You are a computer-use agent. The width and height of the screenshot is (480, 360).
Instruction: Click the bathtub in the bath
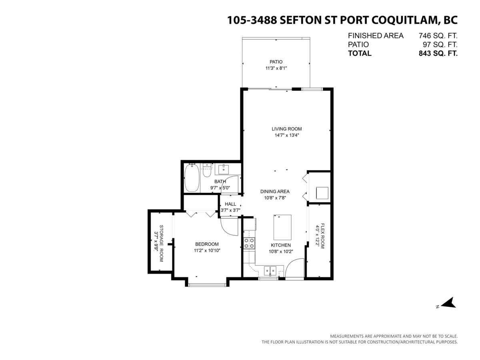[x=192, y=178]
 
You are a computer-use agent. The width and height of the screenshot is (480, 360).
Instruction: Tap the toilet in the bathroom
[x=206, y=170]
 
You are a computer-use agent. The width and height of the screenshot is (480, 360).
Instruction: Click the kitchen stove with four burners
[x=250, y=243]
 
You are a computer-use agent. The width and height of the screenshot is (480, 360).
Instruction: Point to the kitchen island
[x=282, y=227]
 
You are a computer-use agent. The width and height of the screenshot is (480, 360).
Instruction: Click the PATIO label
[x=276, y=62]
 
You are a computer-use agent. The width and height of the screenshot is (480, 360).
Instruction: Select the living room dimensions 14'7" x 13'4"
[x=286, y=135]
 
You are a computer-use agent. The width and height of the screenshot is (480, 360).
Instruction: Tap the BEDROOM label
[x=207, y=244]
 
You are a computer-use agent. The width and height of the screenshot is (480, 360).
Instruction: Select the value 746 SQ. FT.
[x=438, y=35]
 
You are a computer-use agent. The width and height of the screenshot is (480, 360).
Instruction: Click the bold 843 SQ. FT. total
[x=438, y=53]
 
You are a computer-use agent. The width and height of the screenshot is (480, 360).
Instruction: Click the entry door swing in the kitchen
[x=295, y=268]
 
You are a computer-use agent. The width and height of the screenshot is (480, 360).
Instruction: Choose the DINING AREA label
[x=275, y=191]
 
